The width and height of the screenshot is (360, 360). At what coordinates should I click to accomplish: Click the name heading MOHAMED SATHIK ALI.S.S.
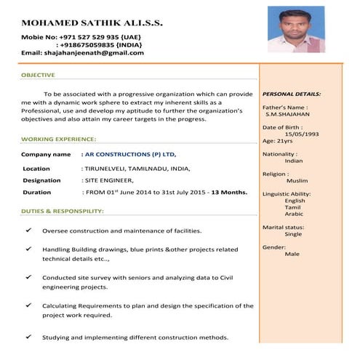point(92,23)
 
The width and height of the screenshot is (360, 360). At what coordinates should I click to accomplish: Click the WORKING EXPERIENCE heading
point(58,138)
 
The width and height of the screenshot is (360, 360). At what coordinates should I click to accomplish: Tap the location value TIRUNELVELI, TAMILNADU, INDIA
point(137,168)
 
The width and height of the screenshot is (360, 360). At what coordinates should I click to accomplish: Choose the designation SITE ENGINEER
point(109,180)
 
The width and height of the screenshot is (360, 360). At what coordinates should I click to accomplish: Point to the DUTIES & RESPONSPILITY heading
point(63,211)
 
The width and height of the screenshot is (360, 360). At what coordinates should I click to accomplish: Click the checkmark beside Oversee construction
point(28,230)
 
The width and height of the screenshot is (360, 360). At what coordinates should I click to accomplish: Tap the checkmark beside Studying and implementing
point(28,337)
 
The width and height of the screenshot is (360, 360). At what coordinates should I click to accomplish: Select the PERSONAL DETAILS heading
point(291,94)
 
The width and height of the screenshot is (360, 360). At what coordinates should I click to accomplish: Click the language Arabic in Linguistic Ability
point(295,214)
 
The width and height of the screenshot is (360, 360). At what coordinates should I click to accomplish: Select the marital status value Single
point(293,234)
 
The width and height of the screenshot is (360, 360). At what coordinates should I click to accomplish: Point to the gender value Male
point(292,254)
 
